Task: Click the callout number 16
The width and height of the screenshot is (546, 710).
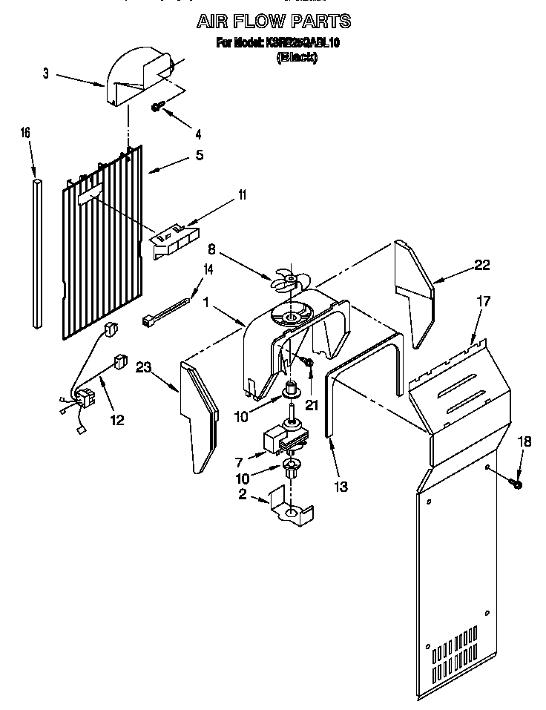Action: (25, 133)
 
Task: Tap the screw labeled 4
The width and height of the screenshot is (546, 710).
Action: (158, 107)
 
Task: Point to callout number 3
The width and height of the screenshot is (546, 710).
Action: (46, 73)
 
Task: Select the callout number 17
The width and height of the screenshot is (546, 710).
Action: (484, 302)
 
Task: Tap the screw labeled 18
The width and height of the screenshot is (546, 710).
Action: (516, 484)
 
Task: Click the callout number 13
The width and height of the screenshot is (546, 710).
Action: (341, 487)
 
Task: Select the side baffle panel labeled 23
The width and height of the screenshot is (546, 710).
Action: (199, 415)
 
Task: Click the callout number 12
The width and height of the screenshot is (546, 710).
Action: (116, 420)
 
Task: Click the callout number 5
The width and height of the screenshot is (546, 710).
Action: (199, 155)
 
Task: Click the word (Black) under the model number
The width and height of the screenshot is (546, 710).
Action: (297, 58)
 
